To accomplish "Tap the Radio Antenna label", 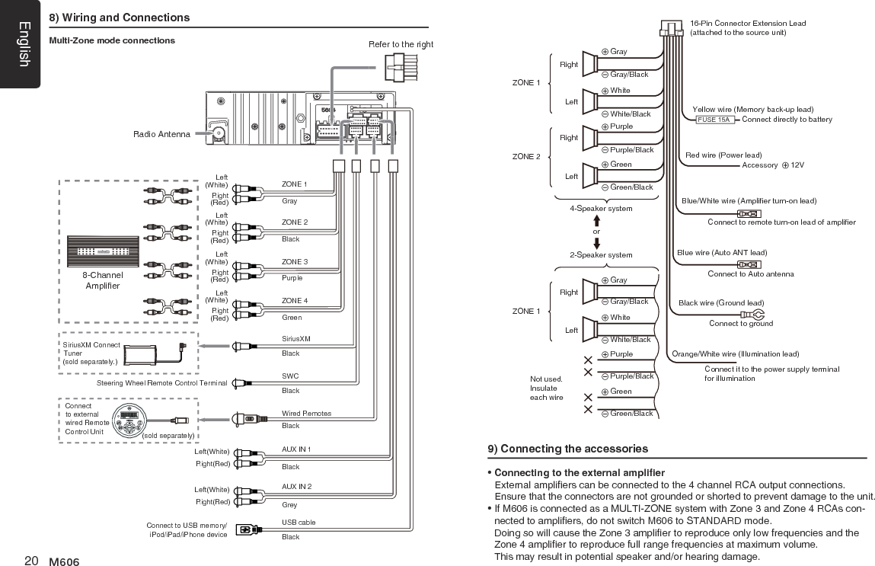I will [x=161, y=135].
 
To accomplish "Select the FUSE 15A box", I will [x=714, y=120].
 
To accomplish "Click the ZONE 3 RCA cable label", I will [x=295, y=262].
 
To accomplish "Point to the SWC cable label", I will [x=290, y=376].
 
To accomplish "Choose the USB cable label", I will [x=299, y=523].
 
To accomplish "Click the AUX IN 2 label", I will [x=296, y=487].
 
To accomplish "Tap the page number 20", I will [x=31, y=561].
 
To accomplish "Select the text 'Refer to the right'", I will [x=401, y=44].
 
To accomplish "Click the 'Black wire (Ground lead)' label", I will [x=720, y=303].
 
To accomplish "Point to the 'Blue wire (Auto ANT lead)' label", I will [x=721, y=253].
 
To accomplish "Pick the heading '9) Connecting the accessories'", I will [x=568, y=449].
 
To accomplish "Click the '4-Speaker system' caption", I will [x=601, y=209].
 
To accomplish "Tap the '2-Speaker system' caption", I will [x=601, y=255].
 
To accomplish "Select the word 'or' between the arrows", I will [x=596, y=232].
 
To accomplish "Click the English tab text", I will [x=24, y=44].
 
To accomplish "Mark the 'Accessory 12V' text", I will [x=772, y=165].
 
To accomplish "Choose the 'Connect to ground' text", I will [x=740, y=324].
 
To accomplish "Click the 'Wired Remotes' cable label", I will [x=306, y=414].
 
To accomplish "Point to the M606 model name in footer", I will [x=64, y=562].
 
